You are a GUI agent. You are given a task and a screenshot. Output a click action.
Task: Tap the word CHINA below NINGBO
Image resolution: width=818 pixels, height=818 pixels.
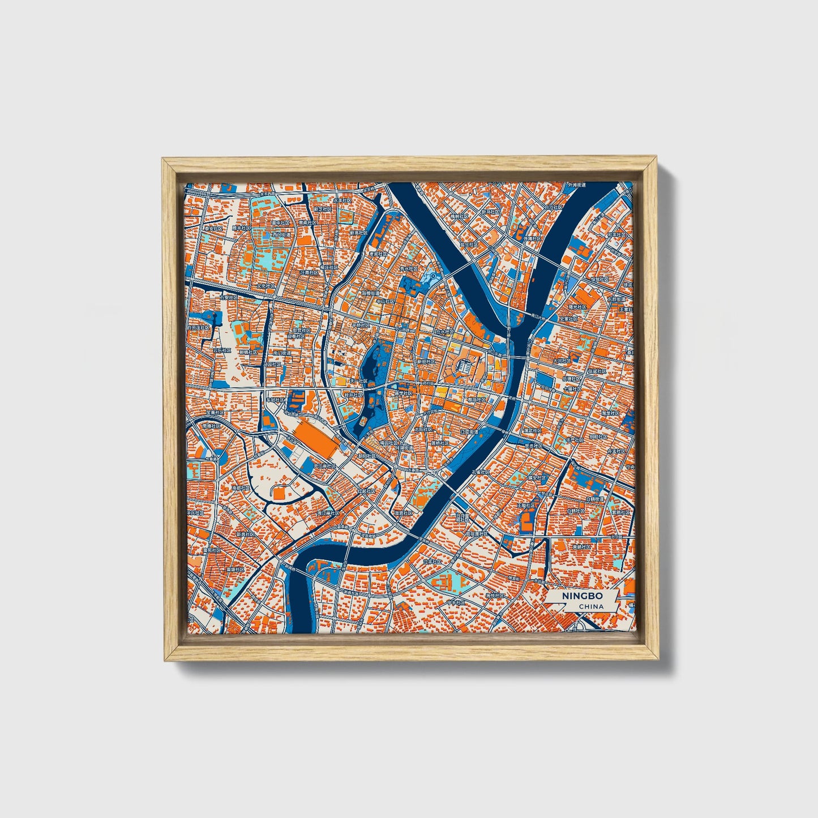(x=591, y=606)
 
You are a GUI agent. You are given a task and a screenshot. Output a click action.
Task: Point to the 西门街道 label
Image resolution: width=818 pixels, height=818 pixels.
(x=280, y=233)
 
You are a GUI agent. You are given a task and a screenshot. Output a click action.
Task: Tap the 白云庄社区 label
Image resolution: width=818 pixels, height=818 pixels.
(x=199, y=327)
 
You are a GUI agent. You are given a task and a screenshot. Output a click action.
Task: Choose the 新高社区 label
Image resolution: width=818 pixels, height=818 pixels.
(x=358, y=233)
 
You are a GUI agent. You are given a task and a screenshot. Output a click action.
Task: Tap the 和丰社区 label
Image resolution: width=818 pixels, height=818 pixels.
(x=616, y=234)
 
